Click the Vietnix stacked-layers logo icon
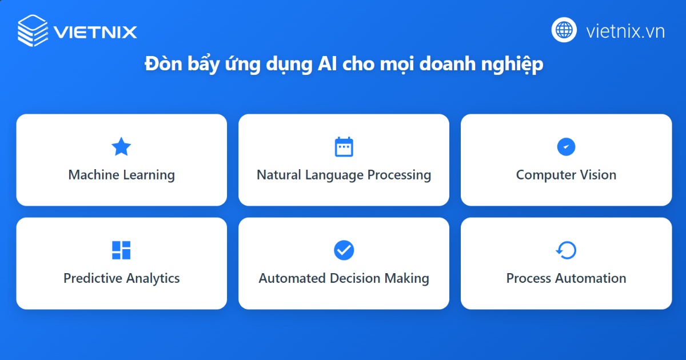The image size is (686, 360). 33,30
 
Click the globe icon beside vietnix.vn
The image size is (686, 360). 564,30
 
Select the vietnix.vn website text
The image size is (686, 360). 625,31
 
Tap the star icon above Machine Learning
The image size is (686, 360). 121,147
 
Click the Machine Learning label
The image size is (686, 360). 121,175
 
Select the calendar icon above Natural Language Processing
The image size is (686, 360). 344,147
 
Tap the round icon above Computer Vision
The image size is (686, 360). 566,147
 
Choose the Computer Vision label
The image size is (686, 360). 566,175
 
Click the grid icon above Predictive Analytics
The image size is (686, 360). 121,250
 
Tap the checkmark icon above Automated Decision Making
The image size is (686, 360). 344,250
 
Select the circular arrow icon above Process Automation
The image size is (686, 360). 566,250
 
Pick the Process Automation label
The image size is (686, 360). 566,278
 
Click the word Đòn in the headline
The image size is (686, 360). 160,65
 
